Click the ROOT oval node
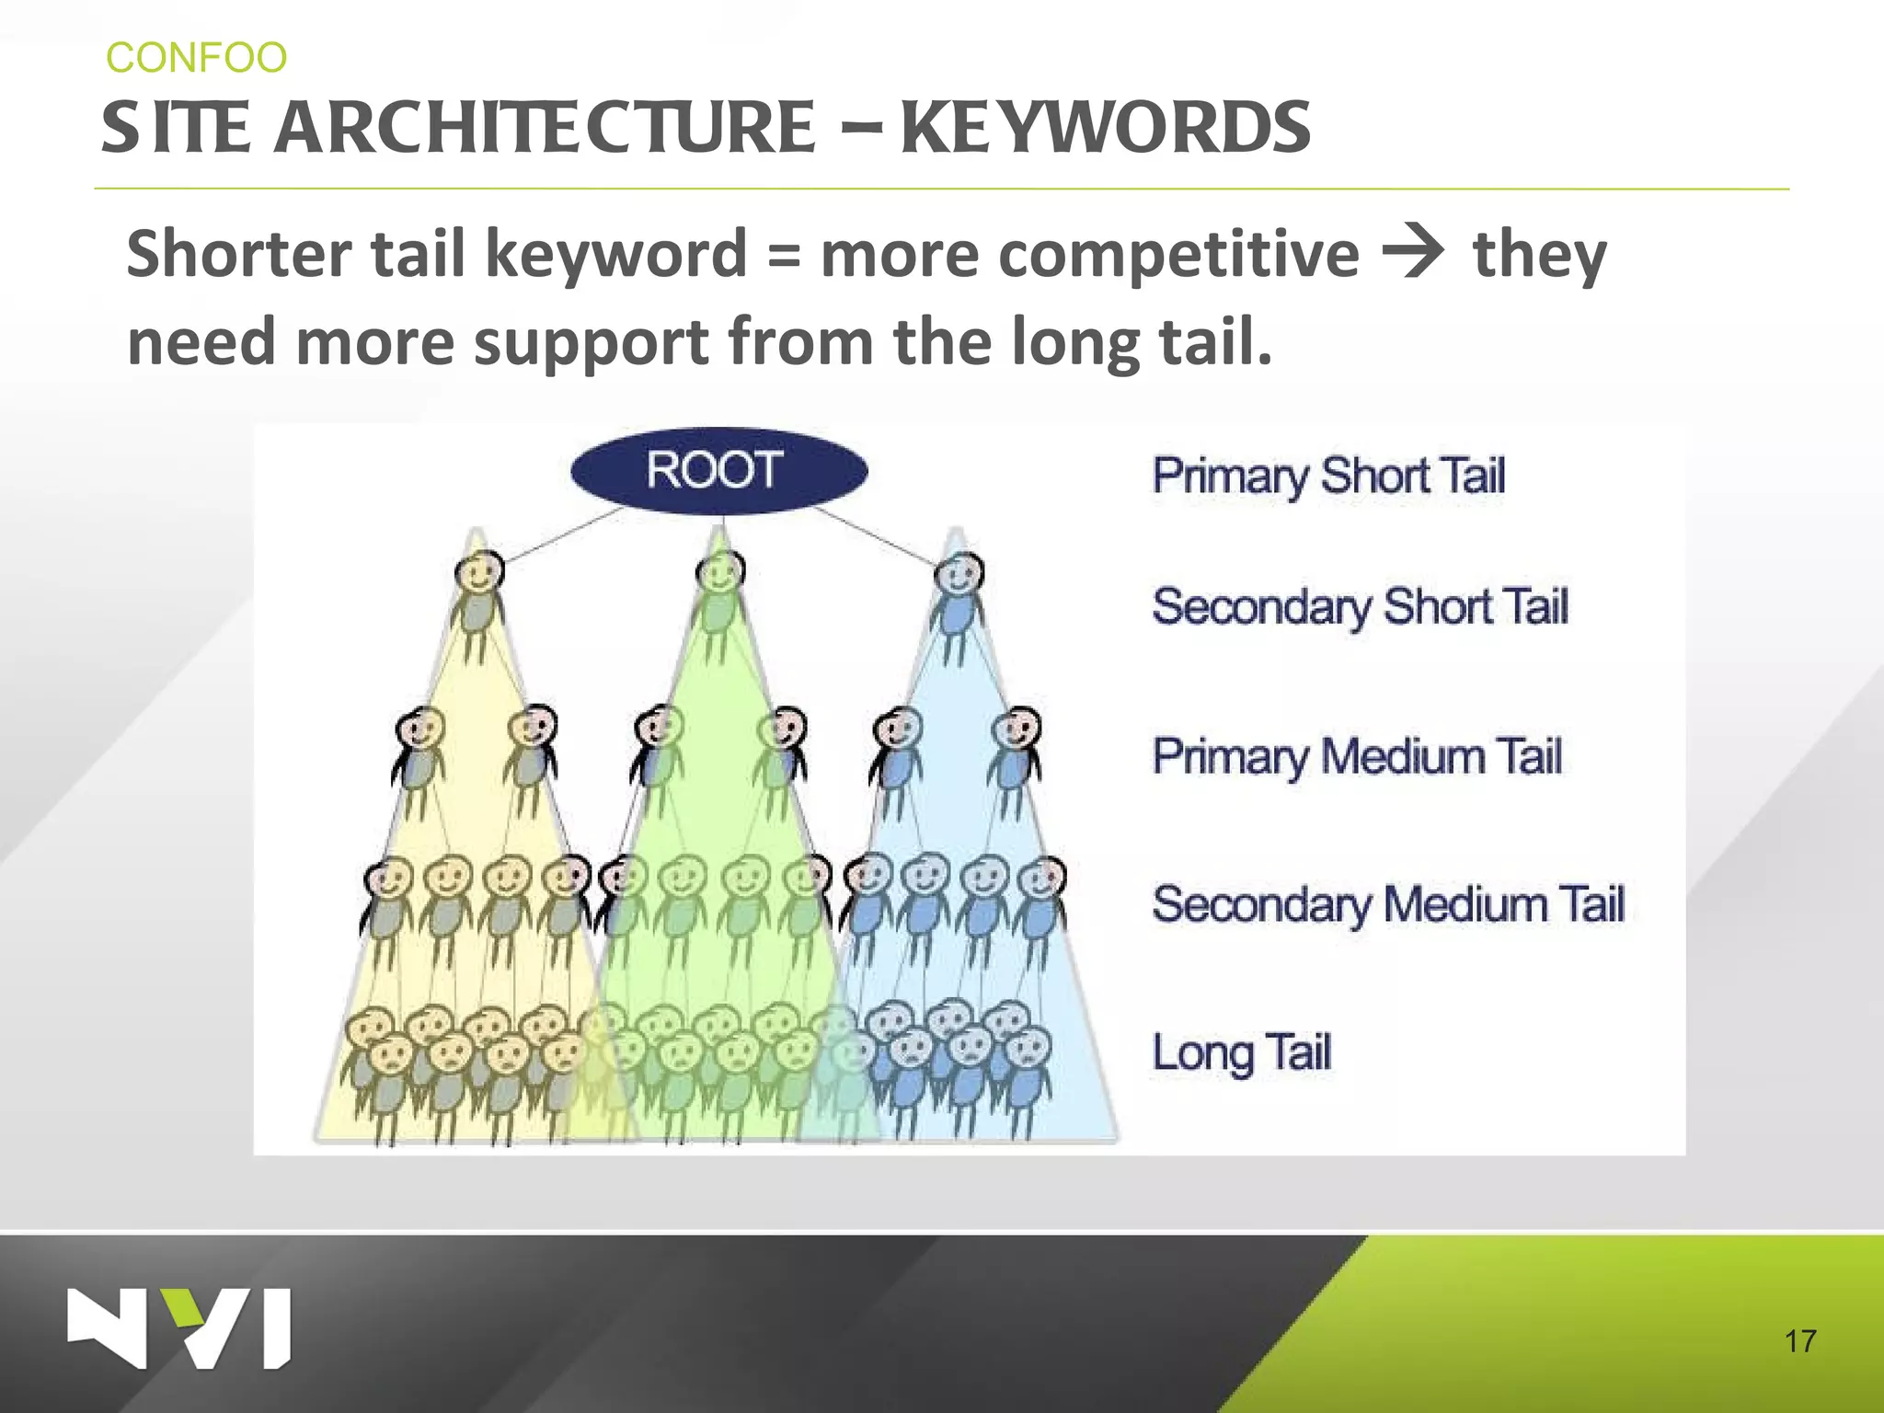(x=718, y=470)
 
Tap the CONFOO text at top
(x=196, y=58)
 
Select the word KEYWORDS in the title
(x=1105, y=128)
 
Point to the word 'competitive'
(x=1089, y=254)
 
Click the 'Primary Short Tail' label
(x=1328, y=477)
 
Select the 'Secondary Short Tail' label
(x=1360, y=607)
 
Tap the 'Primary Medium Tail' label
(x=1357, y=756)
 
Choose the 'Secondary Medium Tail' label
(x=1388, y=904)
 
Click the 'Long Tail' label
(x=1241, y=1052)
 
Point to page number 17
(x=1799, y=1341)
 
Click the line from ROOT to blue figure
(x=874, y=535)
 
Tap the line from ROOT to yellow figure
(x=563, y=534)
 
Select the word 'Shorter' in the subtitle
(x=238, y=254)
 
